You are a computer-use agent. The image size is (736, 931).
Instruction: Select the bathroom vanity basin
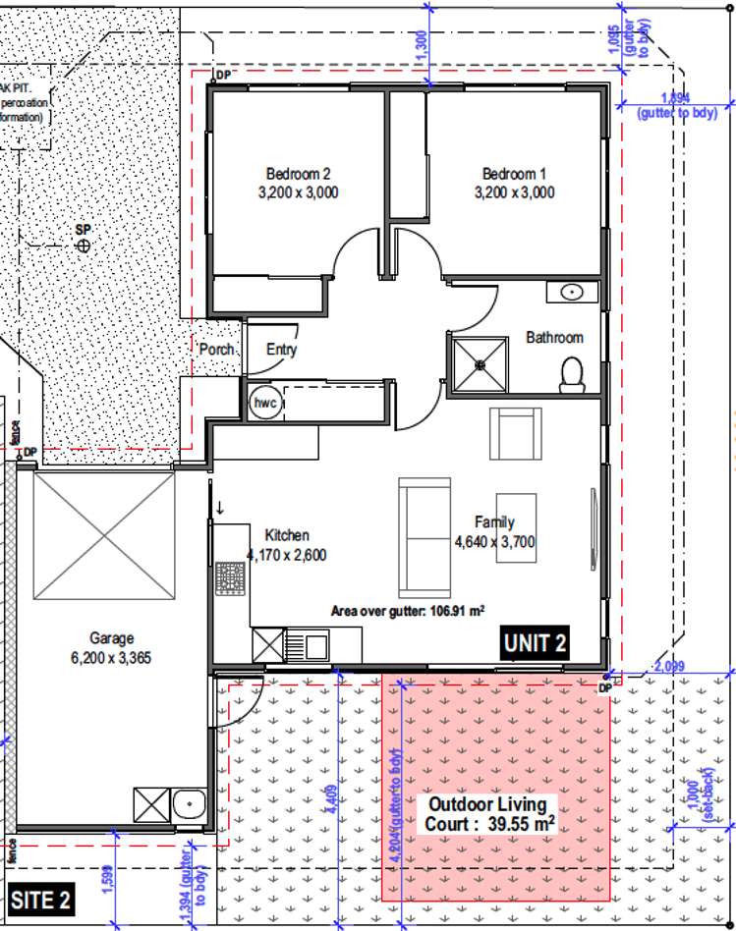572,292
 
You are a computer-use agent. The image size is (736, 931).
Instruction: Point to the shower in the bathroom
480,364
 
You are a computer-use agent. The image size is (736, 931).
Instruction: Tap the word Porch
216,350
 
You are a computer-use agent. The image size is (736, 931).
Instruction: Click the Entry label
281,350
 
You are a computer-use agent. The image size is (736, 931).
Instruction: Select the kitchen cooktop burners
229,580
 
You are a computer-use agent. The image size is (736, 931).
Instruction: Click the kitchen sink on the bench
316,646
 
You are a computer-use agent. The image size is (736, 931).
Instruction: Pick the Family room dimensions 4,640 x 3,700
493,541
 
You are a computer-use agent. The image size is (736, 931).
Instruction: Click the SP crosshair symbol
84,245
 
